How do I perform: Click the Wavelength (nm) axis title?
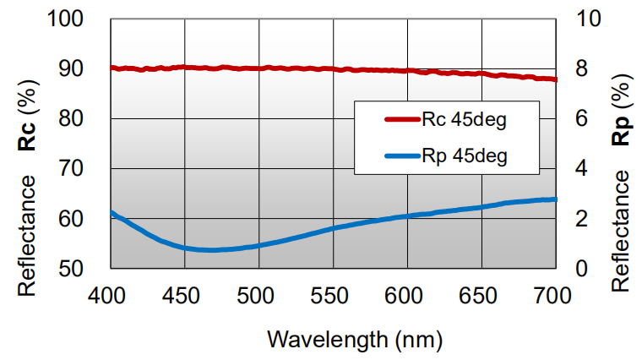click(x=354, y=339)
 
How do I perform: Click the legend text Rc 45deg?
click(x=464, y=120)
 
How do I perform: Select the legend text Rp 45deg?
click(x=464, y=156)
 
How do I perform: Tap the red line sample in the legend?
click(x=388, y=120)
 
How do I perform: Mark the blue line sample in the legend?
click(x=388, y=156)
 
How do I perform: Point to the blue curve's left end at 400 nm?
click(x=112, y=212)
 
